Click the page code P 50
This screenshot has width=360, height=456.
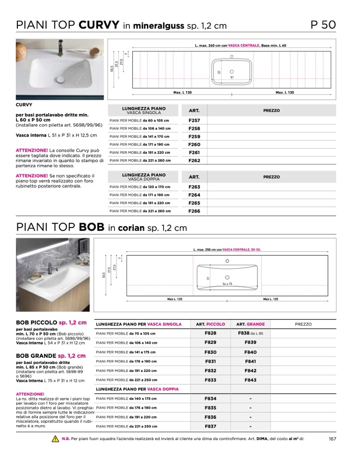pyautogui.click(x=323, y=25)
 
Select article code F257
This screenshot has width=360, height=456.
pyautogui.click(x=194, y=120)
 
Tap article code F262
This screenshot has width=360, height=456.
pyautogui.click(x=194, y=161)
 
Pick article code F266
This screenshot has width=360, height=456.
pyautogui.click(x=194, y=211)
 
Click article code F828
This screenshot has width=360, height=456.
pyautogui.click(x=210, y=334)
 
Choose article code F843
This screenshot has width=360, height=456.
pyautogui.click(x=250, y=380)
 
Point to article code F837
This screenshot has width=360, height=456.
pyautogui.click(x=210, y=426)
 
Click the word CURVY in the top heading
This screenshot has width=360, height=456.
pyautogui.click(x=99, y=25)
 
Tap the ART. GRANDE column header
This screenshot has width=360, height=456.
pyautogui.click(x=250, y=324)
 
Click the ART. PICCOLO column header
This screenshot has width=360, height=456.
pyautogui.click(x=210, y=324)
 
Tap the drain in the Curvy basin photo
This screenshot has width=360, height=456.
pyautogui.click(x=61, y=78)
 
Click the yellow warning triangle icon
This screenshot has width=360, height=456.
pyautogui.click(x=55, y=439)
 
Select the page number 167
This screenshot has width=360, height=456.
pyautogui.click(x=332, y=439)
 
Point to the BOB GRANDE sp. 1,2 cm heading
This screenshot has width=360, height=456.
pyautogui.click(x=51, y=356)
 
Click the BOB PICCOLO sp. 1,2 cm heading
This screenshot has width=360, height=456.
pyautogui.click(x=51, y=323)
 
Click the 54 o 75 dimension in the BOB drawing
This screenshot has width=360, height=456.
pyautogui.click(x=228, y=284)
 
